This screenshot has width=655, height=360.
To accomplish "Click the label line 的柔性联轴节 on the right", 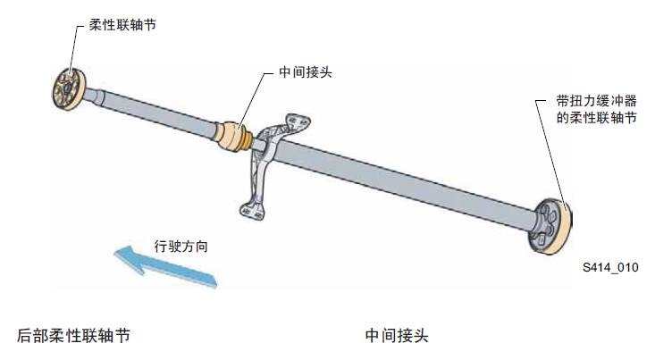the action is [x=590, y=117].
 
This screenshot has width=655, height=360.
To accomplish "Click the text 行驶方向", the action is [x=181, y=245].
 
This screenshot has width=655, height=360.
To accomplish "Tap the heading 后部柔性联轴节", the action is [x=74, y=337].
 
